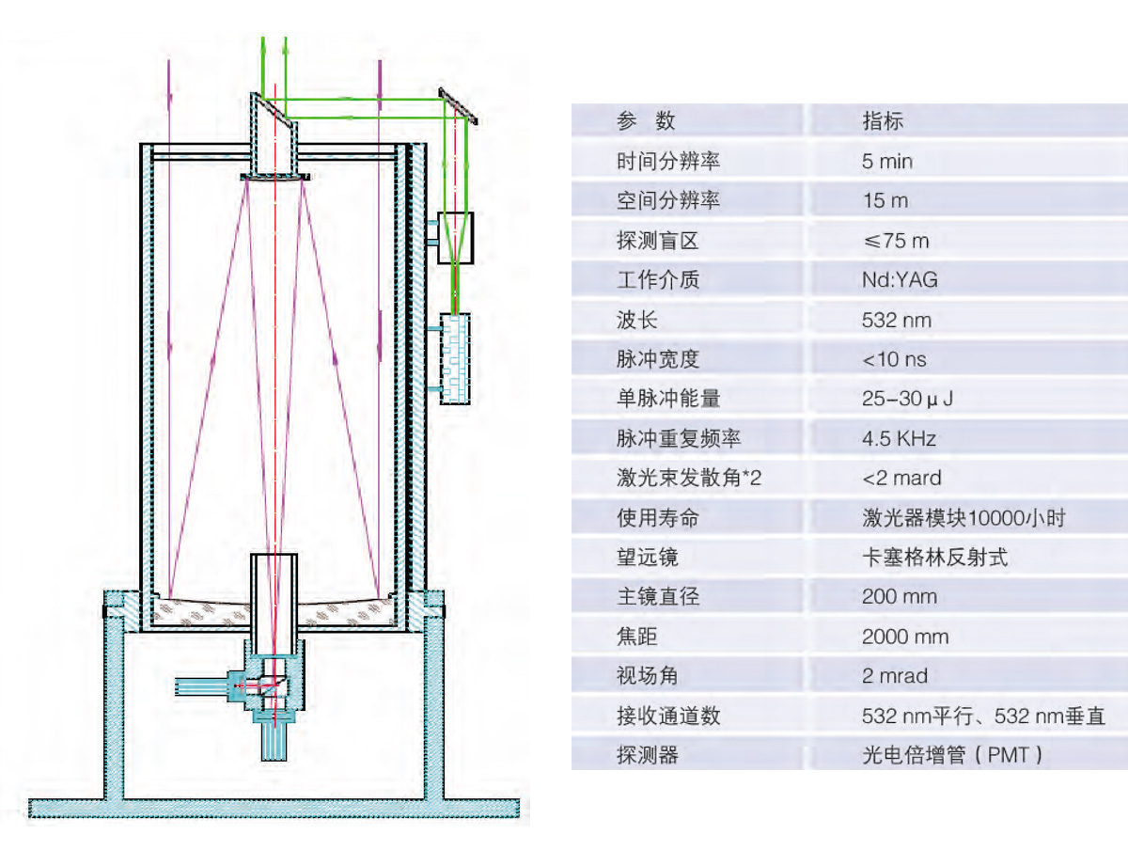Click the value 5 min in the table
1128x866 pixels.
coord(886,161)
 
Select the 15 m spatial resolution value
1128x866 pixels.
coord(885,200)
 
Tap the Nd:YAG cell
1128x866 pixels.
coord(899,279)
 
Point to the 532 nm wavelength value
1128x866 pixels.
coord(896,320)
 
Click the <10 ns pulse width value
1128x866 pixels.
coord(894,359)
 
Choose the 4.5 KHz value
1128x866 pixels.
coord(899,438)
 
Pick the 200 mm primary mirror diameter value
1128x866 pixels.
coord(899,596)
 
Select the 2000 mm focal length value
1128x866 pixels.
coord(904,637)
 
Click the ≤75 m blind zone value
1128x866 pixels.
coord(895,241)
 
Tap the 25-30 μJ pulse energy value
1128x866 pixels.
coord(907,399)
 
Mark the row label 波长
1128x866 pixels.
coord(636,320)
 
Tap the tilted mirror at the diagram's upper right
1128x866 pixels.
coord(460,106)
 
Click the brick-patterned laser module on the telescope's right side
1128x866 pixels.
coord(455,358)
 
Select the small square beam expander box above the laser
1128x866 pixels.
coord(456,236)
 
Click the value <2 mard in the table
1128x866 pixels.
coord(901,478)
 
